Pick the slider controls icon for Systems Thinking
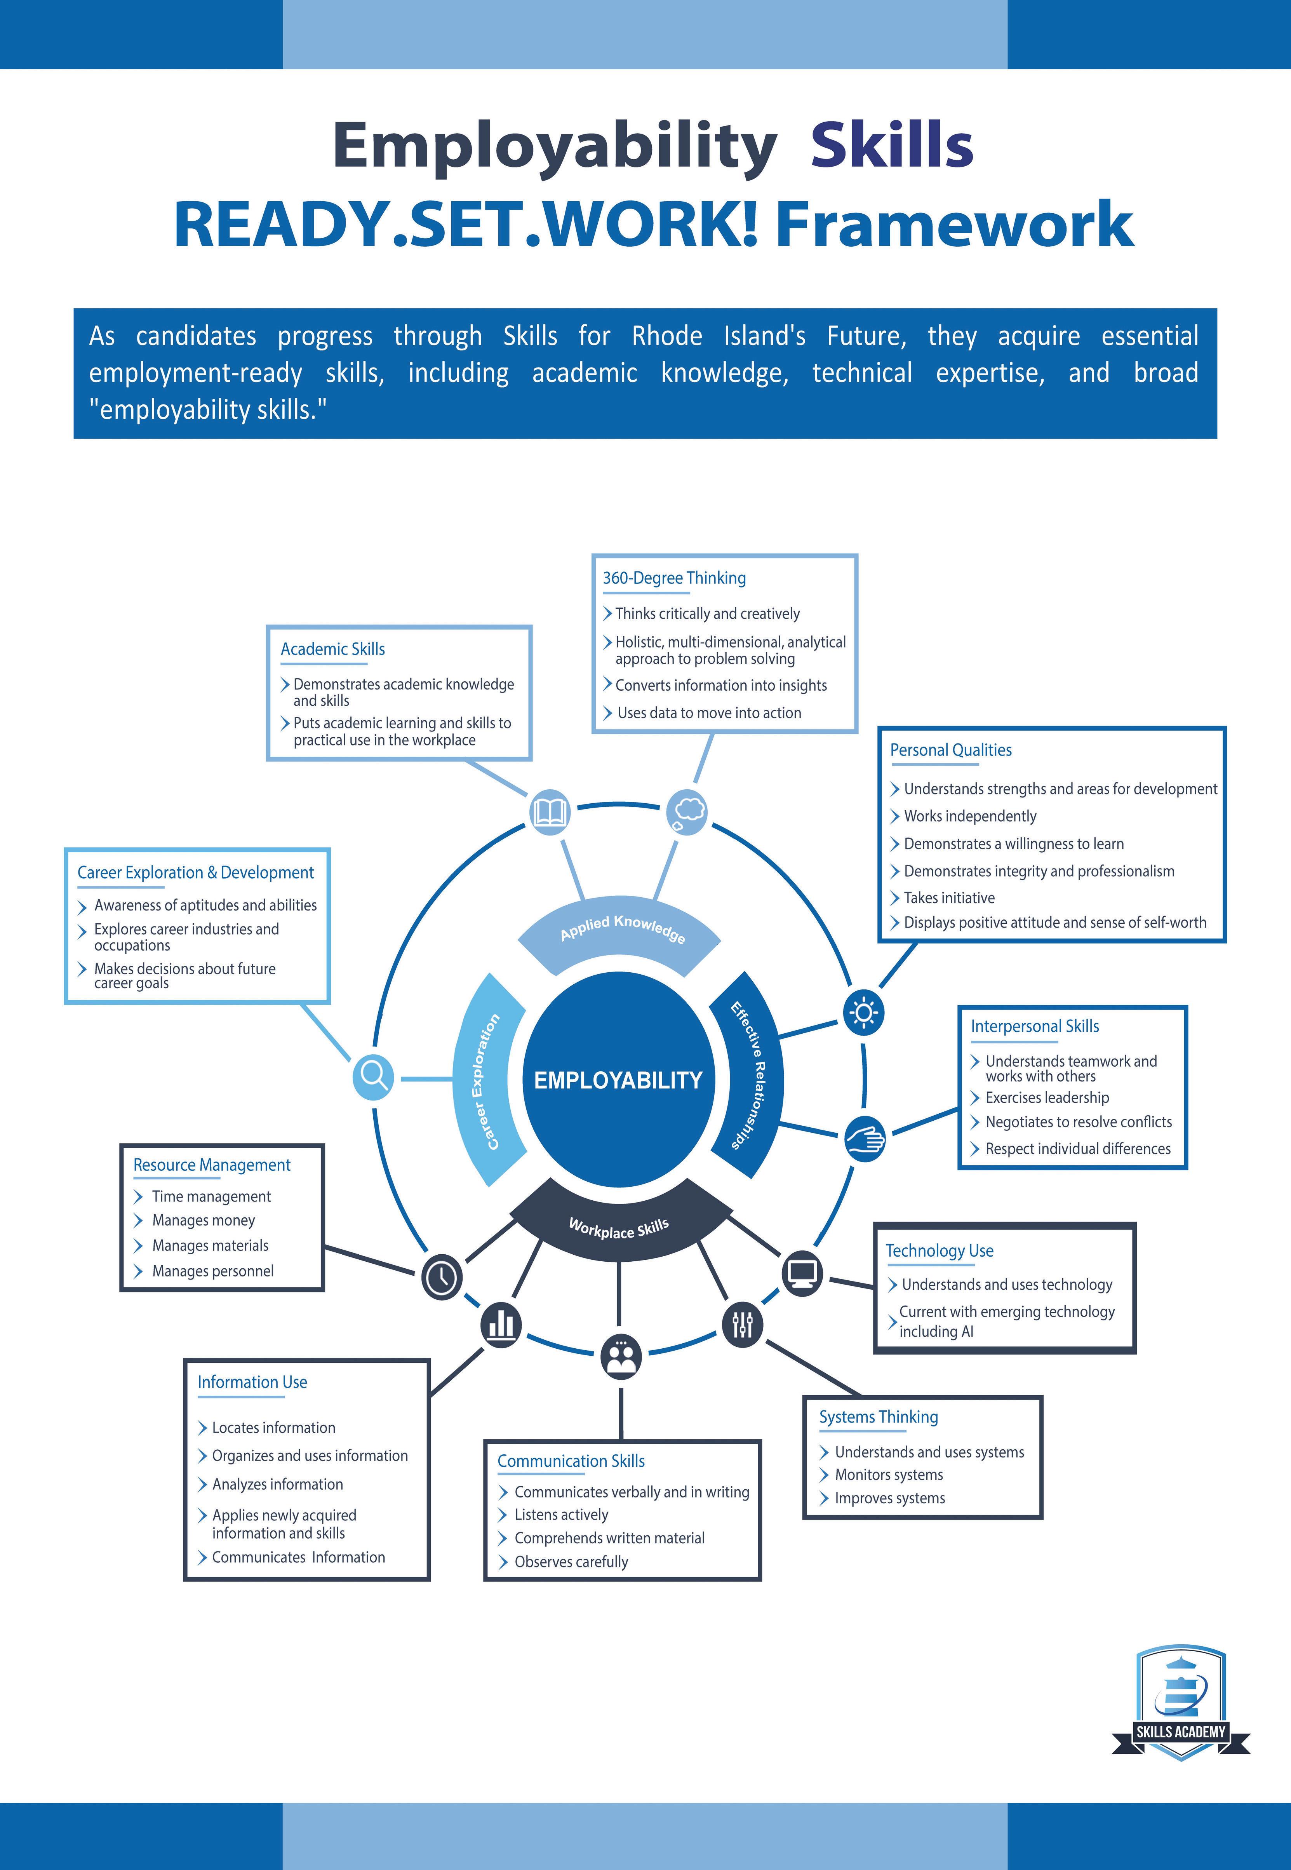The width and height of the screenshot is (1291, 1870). pos(742,1324)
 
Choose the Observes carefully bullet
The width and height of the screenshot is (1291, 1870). pos(571,1562)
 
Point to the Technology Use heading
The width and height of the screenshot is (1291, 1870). pos(939,1250)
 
